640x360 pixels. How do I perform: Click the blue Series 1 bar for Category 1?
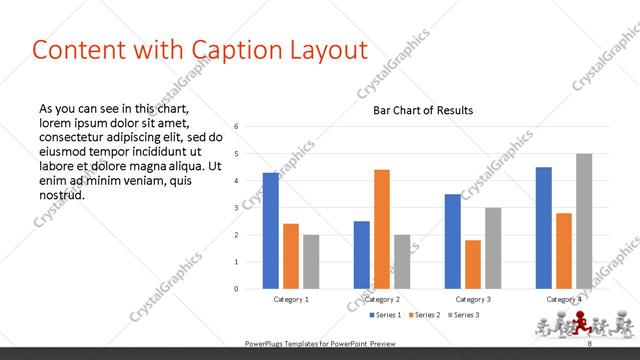pyautogui.click(x=270, y=230)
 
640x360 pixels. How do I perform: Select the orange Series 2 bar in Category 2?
pyautogui.click(x=382, y=229)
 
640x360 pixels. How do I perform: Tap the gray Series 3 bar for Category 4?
pyautogui.click(x=584, y=221)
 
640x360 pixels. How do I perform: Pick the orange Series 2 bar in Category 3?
pyautogui.click(x=473, y=264)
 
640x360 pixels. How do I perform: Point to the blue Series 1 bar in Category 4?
pyautogui.click(x=543, y=227)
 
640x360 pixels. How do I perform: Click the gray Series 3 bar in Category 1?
pyautogui.click(x=311, y=261)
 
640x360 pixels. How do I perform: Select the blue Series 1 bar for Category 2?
pyautogui.click(x=361, y=254)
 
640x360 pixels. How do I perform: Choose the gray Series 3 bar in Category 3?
pyautogui.click(x=493, y=248)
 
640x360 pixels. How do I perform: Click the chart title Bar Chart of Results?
pyautogui.click(x=423, y=110)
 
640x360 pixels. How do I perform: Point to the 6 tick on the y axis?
pyautogui.click(x=236, y=126)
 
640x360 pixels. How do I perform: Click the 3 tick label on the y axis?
pyautogui.click(x=236, y=207)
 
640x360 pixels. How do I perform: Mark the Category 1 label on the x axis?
pyautogui.click(x=291, y=299)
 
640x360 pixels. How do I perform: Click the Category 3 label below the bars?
pyautogui.click(x=473, y=299)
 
